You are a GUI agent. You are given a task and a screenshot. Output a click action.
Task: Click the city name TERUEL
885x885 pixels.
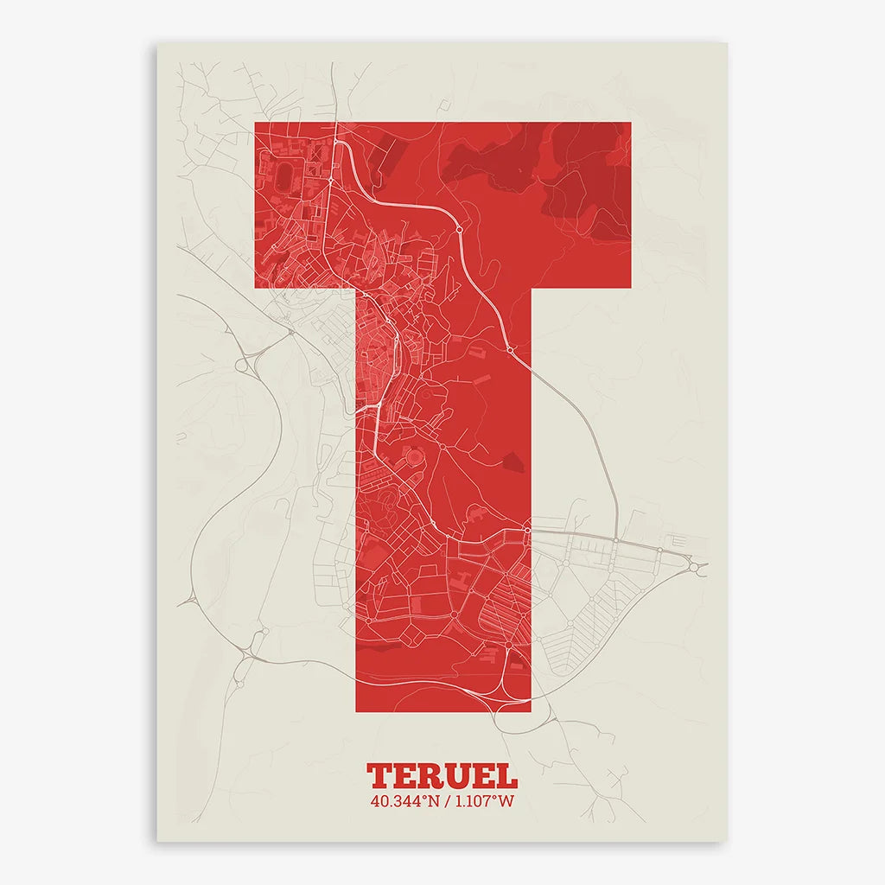pos(442,775)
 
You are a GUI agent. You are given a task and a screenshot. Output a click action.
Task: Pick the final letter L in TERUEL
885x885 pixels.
pos(507,775)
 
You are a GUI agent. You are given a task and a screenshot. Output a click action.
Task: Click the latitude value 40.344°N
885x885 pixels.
pos(404,801)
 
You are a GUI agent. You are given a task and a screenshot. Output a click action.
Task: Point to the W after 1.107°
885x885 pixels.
pos(506,801)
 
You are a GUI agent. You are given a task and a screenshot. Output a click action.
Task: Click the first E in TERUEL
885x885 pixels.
pos(404,775)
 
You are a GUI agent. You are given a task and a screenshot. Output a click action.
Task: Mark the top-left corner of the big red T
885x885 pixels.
pos(254,123)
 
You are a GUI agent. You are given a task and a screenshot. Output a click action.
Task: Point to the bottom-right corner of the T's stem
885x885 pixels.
pos(530,711)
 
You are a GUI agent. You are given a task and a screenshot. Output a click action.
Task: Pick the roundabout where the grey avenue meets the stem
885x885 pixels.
pos(526,530)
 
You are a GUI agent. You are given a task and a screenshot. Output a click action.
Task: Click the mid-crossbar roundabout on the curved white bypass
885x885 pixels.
pos(460,230)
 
